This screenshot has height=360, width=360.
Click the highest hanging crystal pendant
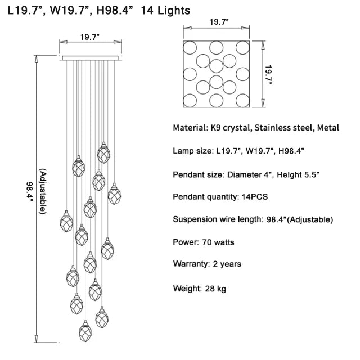[102, 151]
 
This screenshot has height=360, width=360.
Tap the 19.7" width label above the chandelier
[89, 37]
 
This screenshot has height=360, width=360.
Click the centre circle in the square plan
[216, 66]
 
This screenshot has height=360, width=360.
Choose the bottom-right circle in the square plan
[243, 100]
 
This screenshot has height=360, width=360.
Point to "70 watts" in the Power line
[217, 242]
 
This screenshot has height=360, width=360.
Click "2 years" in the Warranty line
[227, 263]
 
